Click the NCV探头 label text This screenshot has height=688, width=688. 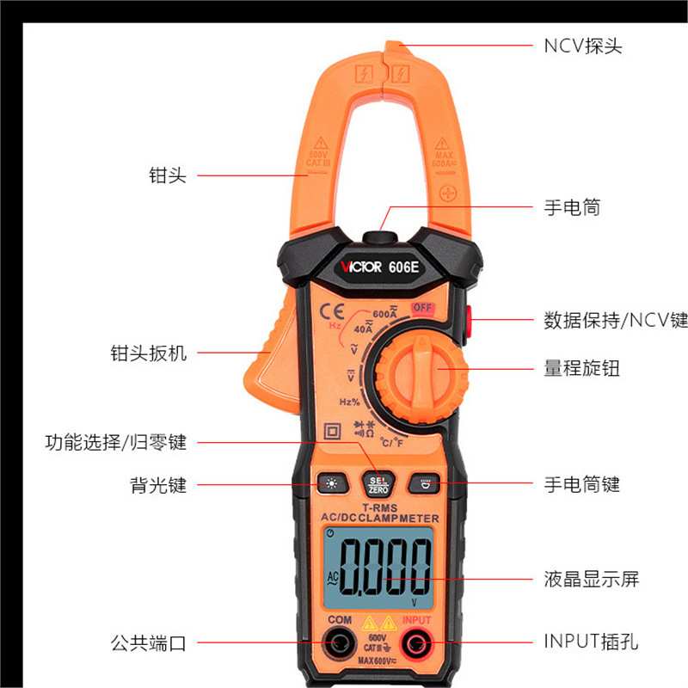pos(582,46)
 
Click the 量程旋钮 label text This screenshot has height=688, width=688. pos(582,369)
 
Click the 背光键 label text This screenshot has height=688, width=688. pos(152,485)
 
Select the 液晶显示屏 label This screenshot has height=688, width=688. pos(592,579)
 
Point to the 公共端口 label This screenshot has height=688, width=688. pos(148,642)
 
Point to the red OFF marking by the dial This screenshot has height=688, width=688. pos(421,309)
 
